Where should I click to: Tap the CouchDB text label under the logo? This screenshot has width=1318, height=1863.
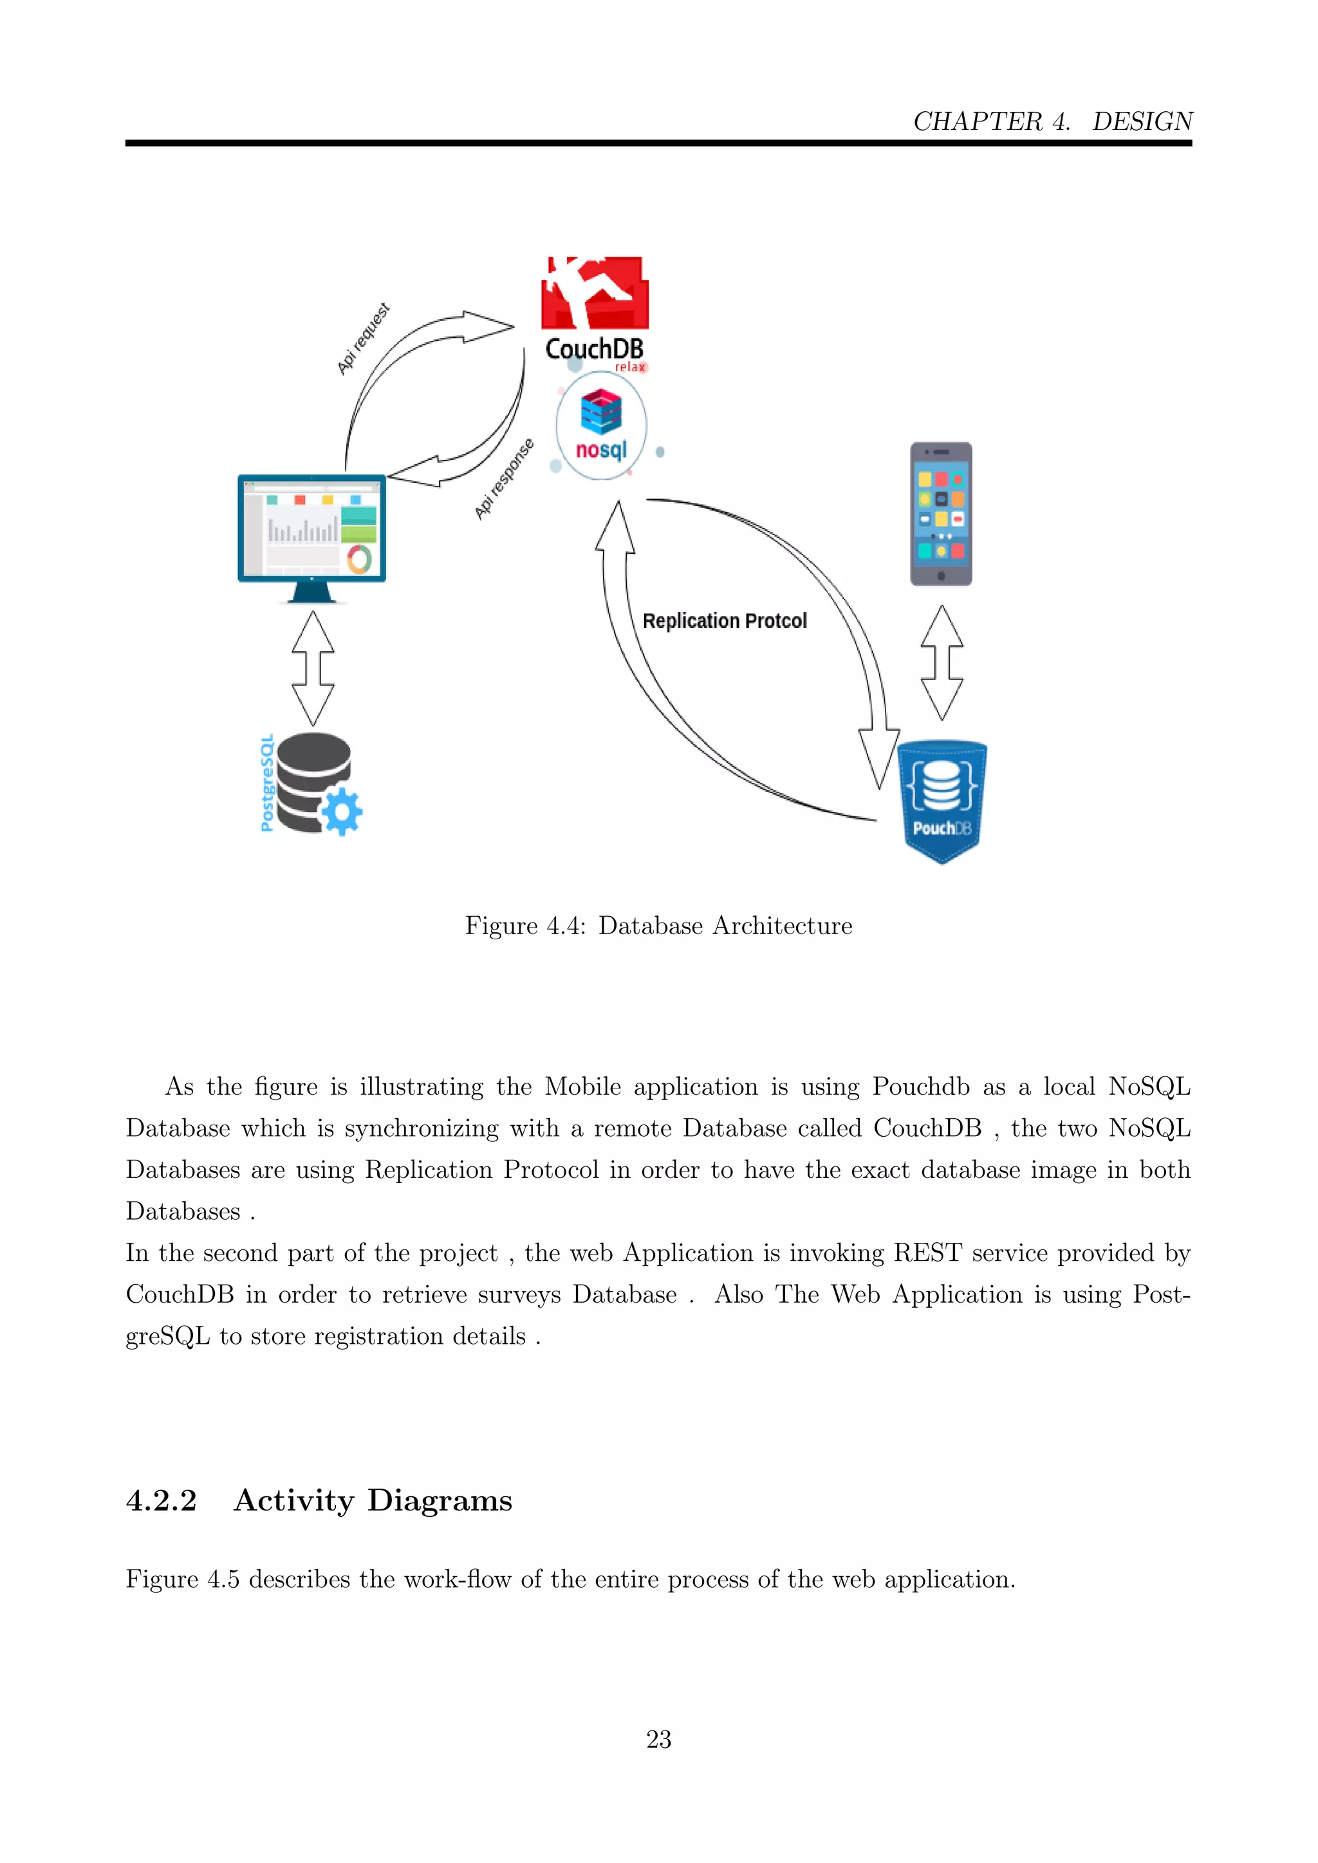pos(594,349)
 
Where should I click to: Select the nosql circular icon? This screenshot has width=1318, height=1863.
pos(601,426)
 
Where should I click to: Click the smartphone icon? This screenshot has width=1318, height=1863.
pos(941,513)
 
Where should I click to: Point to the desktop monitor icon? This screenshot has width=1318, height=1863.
pos(311,535)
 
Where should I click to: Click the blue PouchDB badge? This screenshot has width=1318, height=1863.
pos(942,800)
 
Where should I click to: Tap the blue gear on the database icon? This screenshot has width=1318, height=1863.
pos(342,811)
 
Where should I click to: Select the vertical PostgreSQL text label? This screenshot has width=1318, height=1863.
pos(266,783)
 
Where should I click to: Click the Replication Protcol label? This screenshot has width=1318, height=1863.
pos(725,621)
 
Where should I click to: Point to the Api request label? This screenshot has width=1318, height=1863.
pos(364,338)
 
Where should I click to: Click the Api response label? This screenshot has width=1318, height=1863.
pos(504,479)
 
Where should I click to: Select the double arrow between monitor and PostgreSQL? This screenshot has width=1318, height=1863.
pos(313,668)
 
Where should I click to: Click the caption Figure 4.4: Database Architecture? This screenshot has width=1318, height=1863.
pos(658,926)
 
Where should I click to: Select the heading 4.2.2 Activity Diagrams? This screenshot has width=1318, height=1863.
pos(319,1500)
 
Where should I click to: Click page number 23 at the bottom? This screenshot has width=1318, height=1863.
pos(658,1739)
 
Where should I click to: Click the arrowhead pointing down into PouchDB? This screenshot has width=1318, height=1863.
pos(879,758)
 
